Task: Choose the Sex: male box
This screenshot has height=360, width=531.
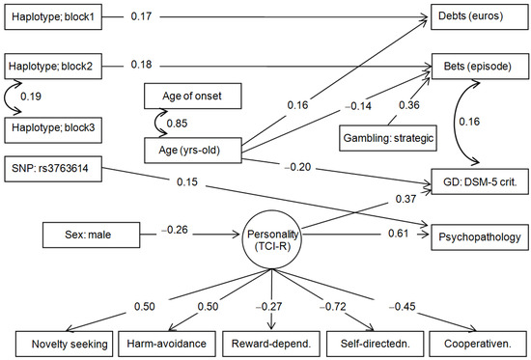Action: [x=86, y=232]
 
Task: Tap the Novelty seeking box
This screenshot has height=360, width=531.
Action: [x=66, y=342]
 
